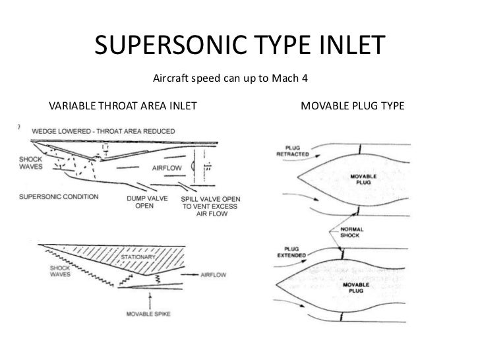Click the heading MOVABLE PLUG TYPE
click(x=352, y=105)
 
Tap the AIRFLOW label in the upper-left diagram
click(x=166, y=168)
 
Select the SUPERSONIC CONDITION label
click(x=59, y=196)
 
